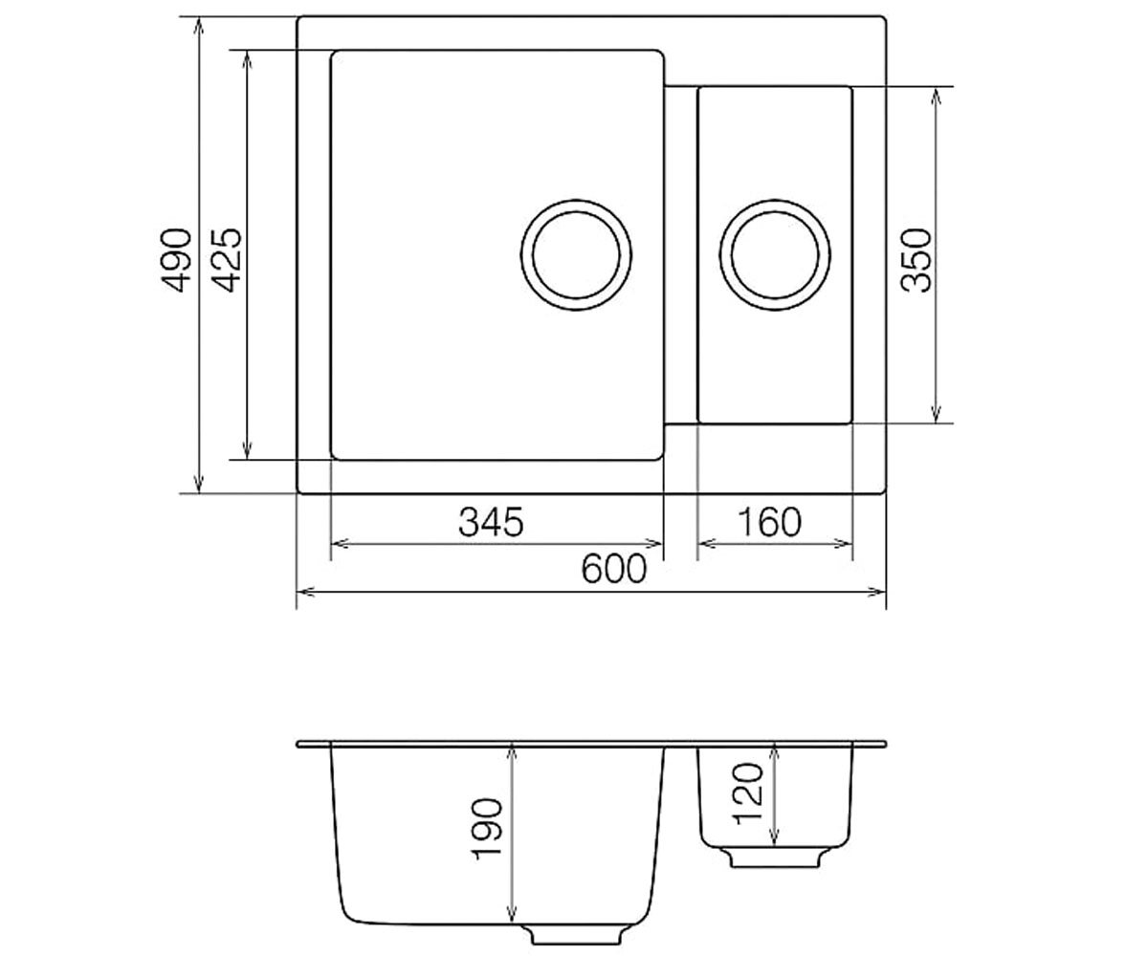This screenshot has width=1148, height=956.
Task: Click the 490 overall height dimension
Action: point(175,260)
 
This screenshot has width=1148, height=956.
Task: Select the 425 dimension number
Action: point(226,260)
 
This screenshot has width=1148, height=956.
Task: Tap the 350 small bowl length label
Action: point(916,260)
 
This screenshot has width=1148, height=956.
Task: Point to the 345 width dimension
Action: point(491,522)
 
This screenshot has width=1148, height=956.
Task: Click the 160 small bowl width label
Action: point(770,522)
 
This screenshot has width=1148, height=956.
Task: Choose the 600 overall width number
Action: point(614,569)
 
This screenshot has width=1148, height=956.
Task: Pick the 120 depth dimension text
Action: point(749,793)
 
